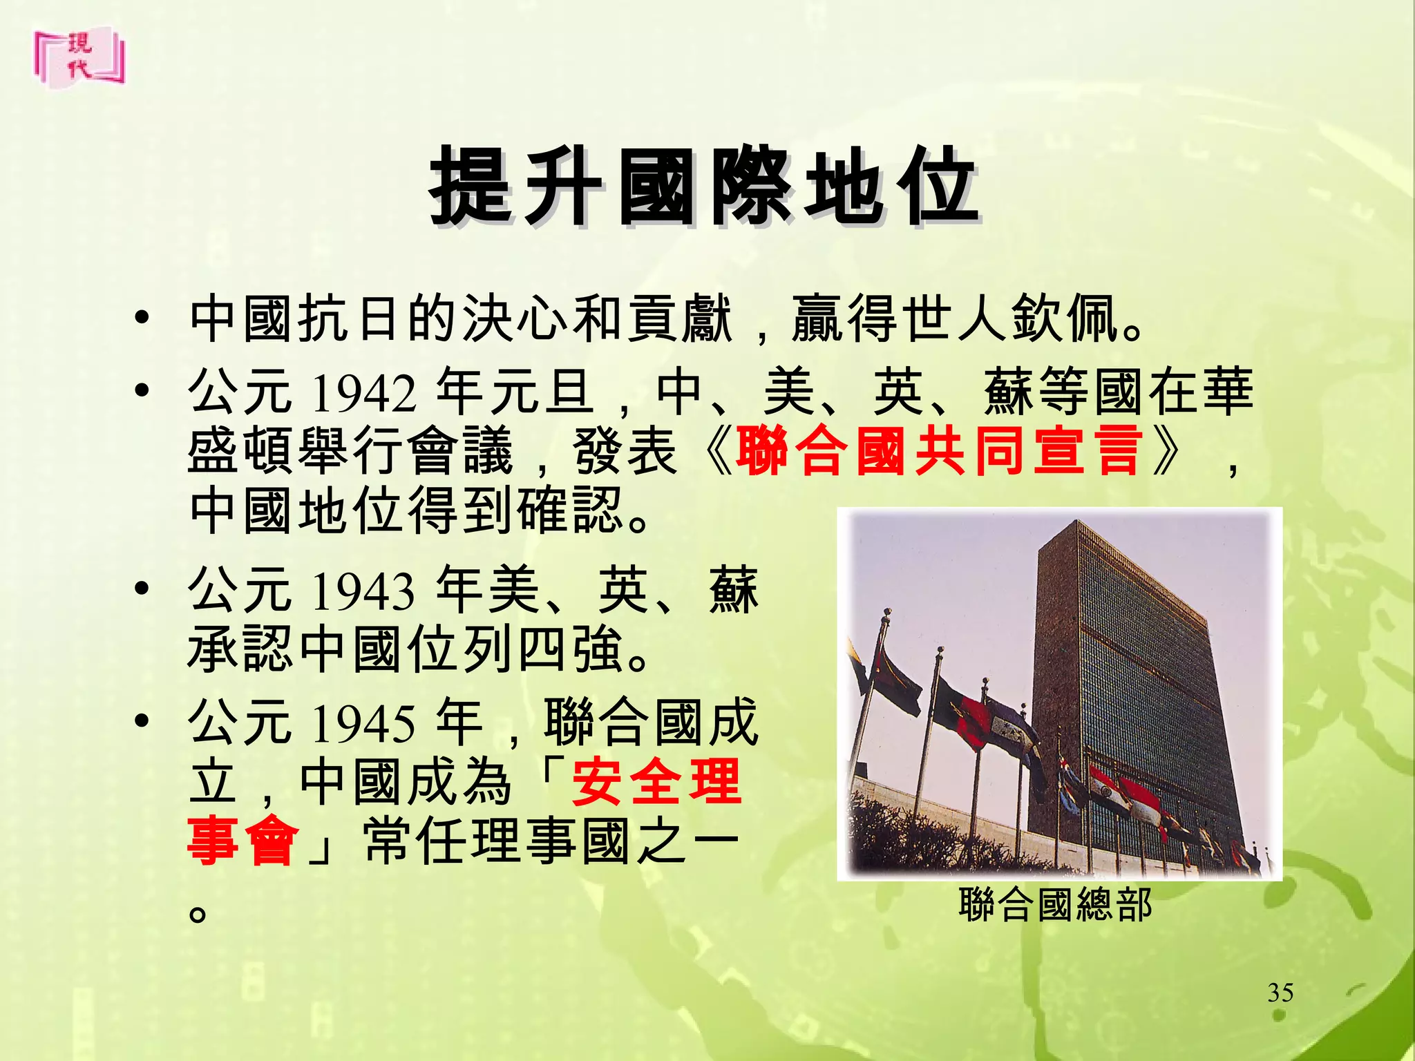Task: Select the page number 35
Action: (x=1280, y=993)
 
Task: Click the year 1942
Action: (x=364, y=393)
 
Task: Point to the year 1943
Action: (x=363, y=592)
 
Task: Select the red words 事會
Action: (x=243, y=842)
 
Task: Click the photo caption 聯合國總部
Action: (x=1055, y=905)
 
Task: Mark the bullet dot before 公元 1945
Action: (x=142, y=723)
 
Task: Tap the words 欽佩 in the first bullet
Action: (x=1065, y=319)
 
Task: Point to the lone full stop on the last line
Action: (x=198, y=913)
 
